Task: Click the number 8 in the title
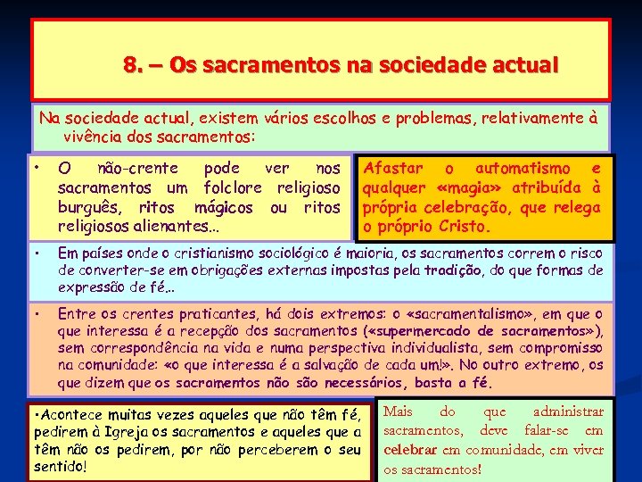click(130, 65)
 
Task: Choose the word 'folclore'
click(238, 187)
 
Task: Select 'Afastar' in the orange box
click(393, 168)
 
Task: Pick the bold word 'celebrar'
click(411, 450)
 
